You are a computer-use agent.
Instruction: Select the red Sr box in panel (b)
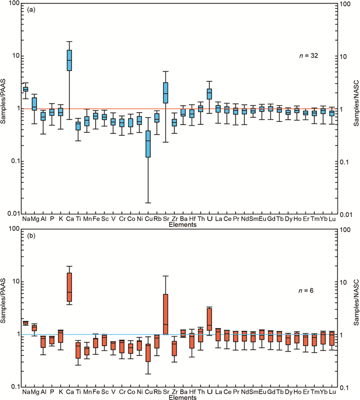pyautogui.click(x=166, y=314)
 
